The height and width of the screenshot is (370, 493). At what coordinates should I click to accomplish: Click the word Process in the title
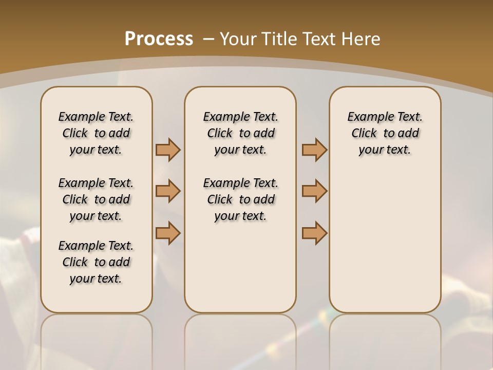(x=159, y=39)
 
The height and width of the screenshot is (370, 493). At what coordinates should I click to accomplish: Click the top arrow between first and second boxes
(x=168, y=150)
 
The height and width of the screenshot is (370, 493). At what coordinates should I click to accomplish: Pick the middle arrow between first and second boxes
(x=168, y=191)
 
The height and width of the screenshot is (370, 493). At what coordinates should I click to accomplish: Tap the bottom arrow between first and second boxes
(x=168, y=233)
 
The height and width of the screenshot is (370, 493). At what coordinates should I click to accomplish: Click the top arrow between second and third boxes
(x=314, y=150)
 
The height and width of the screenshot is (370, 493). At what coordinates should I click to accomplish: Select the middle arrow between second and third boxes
(x=314, y=191)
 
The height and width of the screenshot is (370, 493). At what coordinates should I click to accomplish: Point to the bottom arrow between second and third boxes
(x=314, y=233)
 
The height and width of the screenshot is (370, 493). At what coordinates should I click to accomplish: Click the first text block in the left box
(x=96, y=133)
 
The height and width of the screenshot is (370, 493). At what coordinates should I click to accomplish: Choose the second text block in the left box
(x=96, y=199)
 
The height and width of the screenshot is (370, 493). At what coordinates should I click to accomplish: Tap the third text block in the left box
(x=96, y=262)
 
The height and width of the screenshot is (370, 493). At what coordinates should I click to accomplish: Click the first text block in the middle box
(x=240, y=133)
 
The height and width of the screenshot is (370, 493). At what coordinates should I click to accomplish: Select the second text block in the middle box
(x=240, y=199)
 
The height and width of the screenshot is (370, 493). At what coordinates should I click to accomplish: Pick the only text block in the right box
(x=385, y=133)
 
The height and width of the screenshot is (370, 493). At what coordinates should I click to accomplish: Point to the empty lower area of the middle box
(x=240, y=267)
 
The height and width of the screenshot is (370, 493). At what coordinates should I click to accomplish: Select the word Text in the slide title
(x=318, y=39)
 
